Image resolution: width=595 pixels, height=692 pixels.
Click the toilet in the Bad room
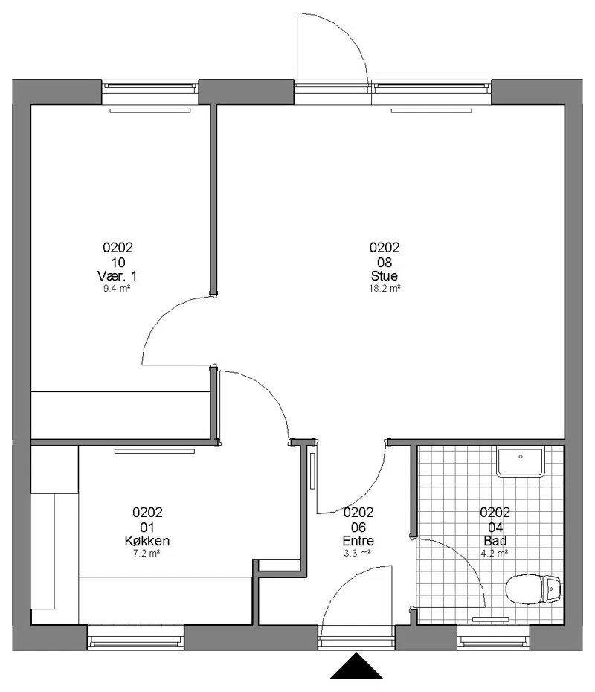pyautogui.click(x=533, y=589)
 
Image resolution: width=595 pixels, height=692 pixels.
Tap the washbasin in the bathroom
pyautogui.click(x=521, y=463)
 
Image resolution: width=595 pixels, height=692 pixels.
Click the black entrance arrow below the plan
pyautogui.click(x=356, y=666)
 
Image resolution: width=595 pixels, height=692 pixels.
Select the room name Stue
pyautogui.click(x=385, y=276)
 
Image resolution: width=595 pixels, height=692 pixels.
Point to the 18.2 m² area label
pyautogui.click(x=385, y=289)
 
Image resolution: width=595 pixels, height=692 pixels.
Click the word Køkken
pyautogui.click(x=147, y=541)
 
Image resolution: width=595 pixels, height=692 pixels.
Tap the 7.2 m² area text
pyautogui.click(x=147, y=554)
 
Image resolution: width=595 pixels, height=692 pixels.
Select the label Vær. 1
pyautogui.click(x=117, y=276)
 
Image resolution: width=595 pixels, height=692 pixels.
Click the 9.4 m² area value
pyautogui.click(x=117, y=289)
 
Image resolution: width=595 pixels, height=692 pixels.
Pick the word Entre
pyautogui.click(x=358, y=541)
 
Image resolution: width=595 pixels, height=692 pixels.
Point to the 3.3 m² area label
pyautogui.click(x=357, y=554)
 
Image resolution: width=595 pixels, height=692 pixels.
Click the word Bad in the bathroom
pyautogui.click(x=495, y=541)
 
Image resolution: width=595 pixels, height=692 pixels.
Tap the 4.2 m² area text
pyautogui.click(x=495, y=554)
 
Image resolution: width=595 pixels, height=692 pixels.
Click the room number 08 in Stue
pyautogui.click(x=385, y=263)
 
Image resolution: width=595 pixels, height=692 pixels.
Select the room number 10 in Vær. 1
pyautogui.click(x=118, y=263)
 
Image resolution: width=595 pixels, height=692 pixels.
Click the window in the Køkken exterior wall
pyautogui.click(x=135, y=638)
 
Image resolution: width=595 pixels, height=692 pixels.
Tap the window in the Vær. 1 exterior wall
pyautogui.click(x=150, y=92)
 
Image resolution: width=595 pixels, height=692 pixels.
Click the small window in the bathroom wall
pyautogui.click(x=493, y=638)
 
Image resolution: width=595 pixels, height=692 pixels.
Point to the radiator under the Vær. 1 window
pyautogui.click(x=150, y=111)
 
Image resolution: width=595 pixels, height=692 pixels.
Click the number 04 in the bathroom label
pyautogui.click(x=495, y=528)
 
